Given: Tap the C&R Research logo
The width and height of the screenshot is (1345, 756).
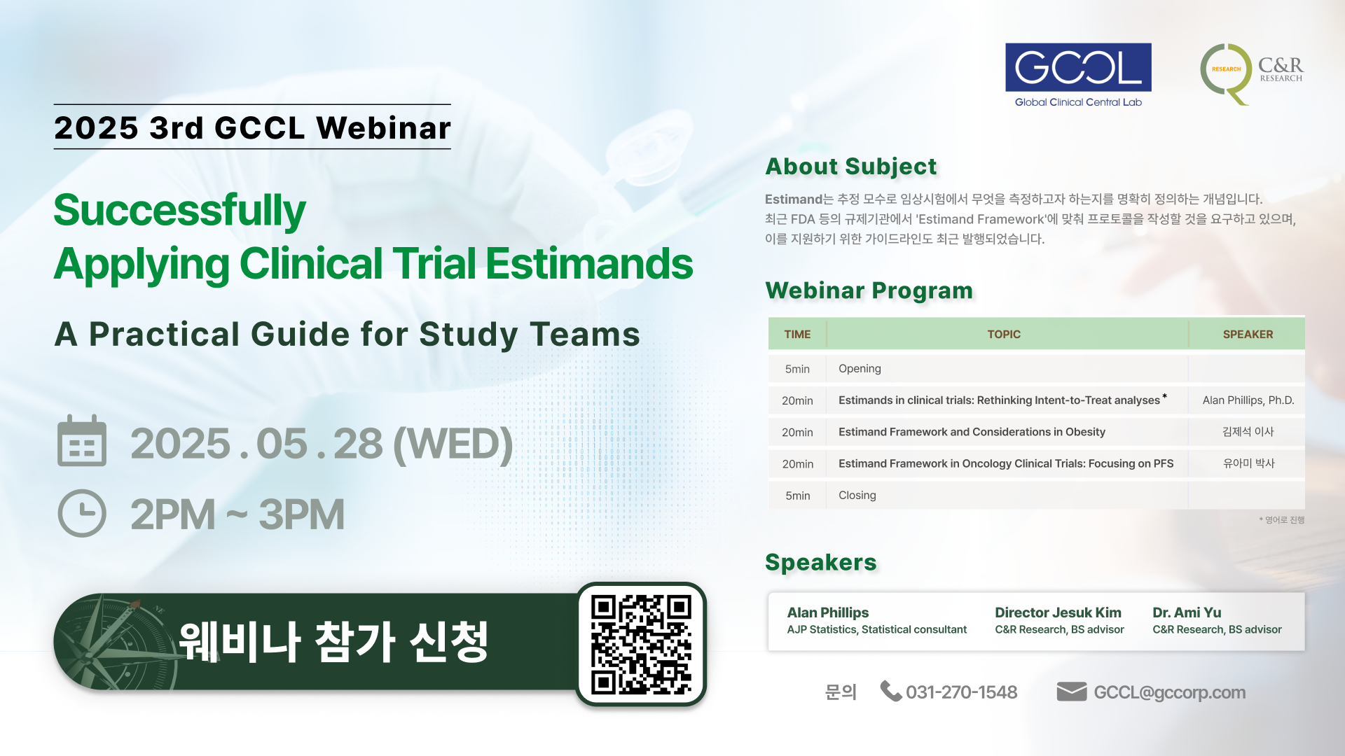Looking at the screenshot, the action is [x=1251, y=73].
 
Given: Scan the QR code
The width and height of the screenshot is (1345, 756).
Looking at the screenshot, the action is [x=641, y=645].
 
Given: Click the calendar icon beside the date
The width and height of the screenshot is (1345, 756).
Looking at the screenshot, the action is [x=82, y=441].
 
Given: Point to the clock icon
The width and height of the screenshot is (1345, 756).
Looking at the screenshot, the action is [x=82, y=513].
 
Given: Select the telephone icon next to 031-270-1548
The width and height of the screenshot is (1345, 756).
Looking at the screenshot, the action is [x=890, y=691].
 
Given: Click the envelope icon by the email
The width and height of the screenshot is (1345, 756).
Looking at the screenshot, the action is [x=1072, y=692].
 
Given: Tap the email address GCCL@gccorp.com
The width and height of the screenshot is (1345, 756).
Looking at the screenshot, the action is [x=1170, y=692].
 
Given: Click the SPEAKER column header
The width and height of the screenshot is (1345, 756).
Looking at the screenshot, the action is [x=1248, y=335].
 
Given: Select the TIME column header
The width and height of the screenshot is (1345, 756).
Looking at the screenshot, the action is [x=797, y=335].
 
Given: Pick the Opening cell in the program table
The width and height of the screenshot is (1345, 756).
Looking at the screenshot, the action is [x=860, y=369].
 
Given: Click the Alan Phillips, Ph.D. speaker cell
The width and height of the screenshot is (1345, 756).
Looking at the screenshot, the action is [x=1248, y=400].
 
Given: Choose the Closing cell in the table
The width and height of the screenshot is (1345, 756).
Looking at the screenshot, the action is [x=857, y=496].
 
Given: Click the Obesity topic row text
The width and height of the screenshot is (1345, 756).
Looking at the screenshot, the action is [x=972, y=432].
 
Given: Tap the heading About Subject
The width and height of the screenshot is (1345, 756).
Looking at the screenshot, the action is [x=850, y=167].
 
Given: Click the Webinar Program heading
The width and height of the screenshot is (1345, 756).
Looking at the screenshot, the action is [x=869, y=290].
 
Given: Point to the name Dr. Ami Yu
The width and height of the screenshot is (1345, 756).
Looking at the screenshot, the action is [x=1187, y=612].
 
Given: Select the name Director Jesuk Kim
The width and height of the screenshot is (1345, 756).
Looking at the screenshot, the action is [x=1058, y=612].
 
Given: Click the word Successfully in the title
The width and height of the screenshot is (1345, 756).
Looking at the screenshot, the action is [x=180, y=211].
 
